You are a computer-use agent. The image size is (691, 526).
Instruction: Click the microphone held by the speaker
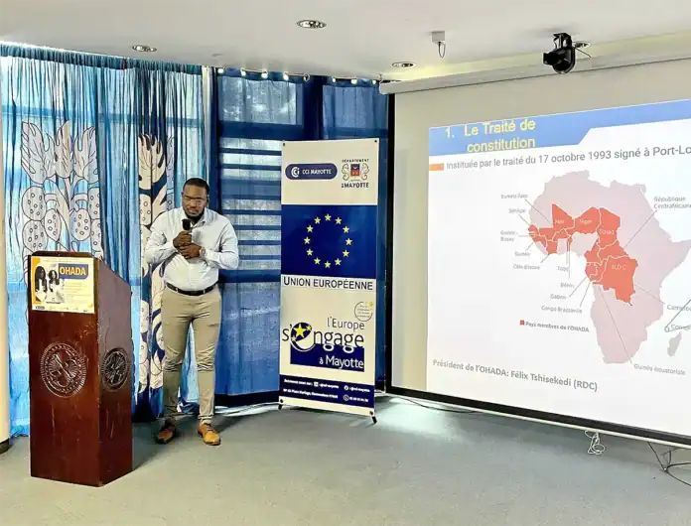(186, 227)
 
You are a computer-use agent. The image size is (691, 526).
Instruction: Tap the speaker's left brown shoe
(208, 434)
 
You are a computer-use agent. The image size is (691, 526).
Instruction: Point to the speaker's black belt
(191, 290)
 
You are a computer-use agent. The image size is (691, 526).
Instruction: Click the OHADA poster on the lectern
(62, 284)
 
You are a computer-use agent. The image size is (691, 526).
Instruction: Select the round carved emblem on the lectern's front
(63, 369)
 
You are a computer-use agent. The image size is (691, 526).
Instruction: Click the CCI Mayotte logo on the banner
(310, 172)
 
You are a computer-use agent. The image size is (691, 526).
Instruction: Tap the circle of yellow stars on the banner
(328, 240)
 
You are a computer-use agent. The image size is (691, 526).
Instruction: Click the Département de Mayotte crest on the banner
(355, 170)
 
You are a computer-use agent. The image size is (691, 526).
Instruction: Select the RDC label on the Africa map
(619, 266)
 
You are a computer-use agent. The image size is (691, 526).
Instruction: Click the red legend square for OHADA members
(522, 324)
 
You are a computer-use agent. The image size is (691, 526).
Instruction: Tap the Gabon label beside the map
(557, 296)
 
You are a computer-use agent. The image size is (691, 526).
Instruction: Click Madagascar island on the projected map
(675, 343)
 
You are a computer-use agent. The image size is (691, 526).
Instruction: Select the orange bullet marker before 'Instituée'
(436, 167)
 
